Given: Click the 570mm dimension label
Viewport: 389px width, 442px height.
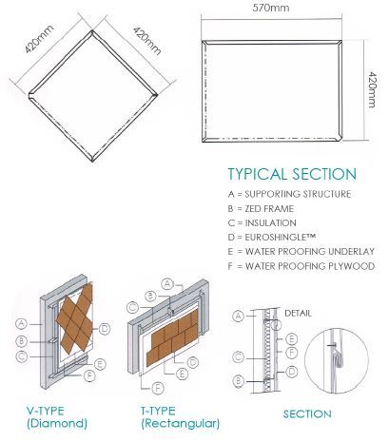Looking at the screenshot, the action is tap(271, 8).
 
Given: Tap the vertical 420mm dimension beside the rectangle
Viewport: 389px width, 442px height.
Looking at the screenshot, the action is tap(373, 89).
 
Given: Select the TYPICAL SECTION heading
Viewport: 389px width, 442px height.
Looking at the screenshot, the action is tap(292, 174).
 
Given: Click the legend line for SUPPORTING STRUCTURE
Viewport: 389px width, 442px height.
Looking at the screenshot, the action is tap(289, 194).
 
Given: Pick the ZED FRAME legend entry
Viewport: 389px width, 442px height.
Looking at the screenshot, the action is tap(261, 209).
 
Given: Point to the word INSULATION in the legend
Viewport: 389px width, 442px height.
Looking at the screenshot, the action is tap(270, 223).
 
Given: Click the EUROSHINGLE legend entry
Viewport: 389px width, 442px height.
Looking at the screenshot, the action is tap(272, 237).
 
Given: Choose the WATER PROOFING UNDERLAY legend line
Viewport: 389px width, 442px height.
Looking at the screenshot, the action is tap(301, 252).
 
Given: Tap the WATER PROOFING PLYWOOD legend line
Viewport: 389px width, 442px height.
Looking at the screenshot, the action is tap(301, 266).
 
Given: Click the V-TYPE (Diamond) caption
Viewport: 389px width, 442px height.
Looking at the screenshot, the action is tap(57, 417).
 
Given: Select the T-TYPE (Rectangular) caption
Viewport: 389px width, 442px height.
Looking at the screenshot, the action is tap(180, 417).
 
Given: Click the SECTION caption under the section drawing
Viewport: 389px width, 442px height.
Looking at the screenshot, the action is tap(307, 414).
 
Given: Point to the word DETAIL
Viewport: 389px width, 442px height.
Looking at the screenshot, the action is tap(298, 314).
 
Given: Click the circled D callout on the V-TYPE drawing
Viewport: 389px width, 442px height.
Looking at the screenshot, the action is tap(105, 329).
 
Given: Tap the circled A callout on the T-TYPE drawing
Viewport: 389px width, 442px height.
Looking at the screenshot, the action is tap(167, 284).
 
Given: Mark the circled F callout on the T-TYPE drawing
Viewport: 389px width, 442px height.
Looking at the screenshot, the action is tap(158, 388).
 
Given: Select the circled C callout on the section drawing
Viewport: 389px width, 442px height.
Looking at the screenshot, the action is tap(239, 357).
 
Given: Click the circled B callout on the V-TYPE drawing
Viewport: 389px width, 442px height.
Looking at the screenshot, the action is tap(22, 341).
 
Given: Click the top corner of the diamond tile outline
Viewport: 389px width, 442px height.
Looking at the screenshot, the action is tap(92, 30).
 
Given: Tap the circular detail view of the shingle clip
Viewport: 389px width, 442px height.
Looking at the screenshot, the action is tap(337, 360).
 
